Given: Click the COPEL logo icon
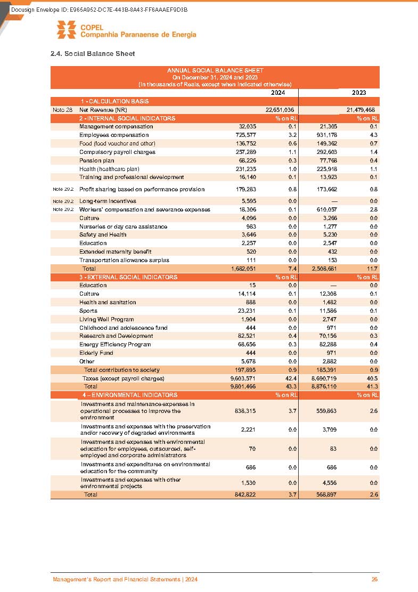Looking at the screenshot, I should (67, 30).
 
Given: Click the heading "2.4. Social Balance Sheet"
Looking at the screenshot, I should (92, 54).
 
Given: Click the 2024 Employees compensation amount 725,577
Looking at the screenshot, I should (244, 135).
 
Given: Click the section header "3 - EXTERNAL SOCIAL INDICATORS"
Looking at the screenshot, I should (128, 277).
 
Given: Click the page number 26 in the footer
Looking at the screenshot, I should (374, 580).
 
